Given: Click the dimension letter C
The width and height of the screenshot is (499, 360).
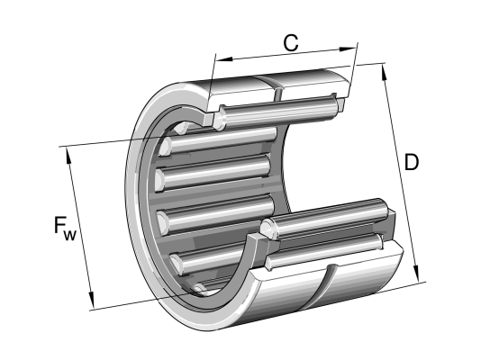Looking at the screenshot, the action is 291,43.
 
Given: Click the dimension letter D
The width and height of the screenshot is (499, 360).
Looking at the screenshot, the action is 411,162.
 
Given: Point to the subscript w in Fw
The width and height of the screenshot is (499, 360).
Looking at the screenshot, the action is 70,235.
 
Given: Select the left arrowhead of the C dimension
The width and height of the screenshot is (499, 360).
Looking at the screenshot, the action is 224,58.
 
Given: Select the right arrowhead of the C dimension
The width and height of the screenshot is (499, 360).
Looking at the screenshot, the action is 347,49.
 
